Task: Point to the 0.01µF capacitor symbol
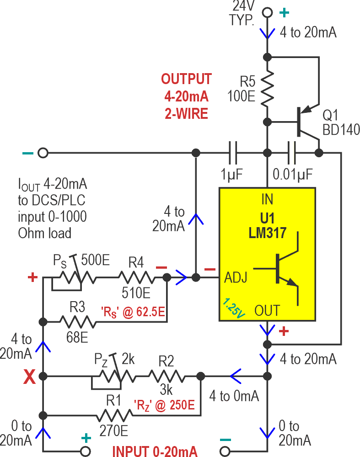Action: click(291, 153)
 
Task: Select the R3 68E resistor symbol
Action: click(79, 322)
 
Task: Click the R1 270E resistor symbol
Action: click(114, 415)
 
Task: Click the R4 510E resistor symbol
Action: click(136, 277)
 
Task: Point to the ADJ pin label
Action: click(236, 277)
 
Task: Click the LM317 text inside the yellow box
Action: click(267, 234)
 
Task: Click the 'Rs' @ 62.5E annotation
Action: click(133, 313)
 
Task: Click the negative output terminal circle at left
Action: click(43, 153)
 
